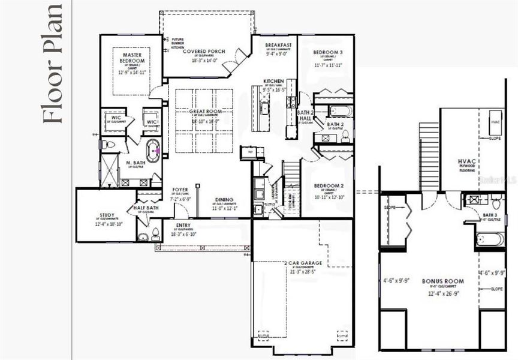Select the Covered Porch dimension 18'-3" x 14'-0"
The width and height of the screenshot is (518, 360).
pos(204,61)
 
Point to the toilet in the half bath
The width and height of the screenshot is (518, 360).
pos(155,233)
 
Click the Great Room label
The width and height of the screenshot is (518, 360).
pos(203,112)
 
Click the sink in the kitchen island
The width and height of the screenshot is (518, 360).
pos(264,109)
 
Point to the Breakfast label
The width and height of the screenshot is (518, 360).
pos(279,45)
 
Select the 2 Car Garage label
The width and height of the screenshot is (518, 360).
pos(305,263)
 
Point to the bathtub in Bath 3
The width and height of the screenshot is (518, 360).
pos(490,239)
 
